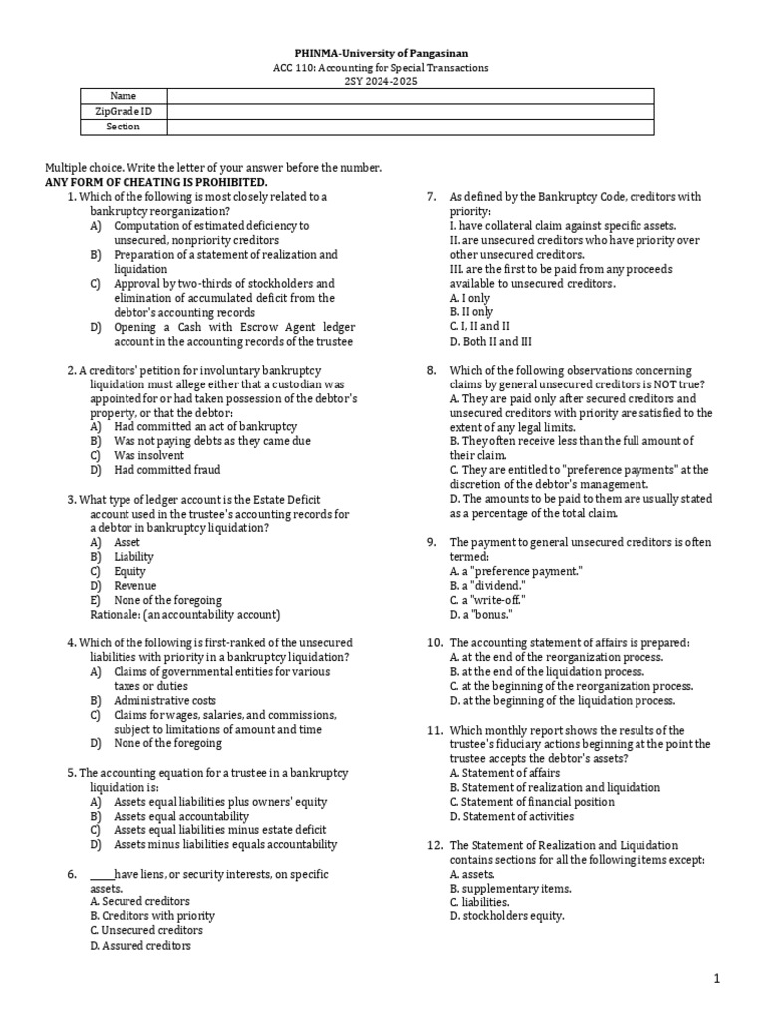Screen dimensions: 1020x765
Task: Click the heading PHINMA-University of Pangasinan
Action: [x=382, y=52]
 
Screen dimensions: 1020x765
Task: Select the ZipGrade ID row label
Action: [x=124, y=111]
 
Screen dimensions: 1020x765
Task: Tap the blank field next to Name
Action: [x=410, y=95]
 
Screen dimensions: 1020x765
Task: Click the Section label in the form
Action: [x=124, y=127]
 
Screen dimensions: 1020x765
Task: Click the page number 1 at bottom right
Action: [x=716, y=980]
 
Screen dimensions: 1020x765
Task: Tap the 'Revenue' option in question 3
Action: [x=134, y=586]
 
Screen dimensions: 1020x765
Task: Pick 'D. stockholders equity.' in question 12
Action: [x=506, y=916]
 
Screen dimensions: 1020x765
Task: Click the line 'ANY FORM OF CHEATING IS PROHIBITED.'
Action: [x=157, y=183]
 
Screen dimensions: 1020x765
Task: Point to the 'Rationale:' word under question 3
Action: [x=113, y=615]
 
